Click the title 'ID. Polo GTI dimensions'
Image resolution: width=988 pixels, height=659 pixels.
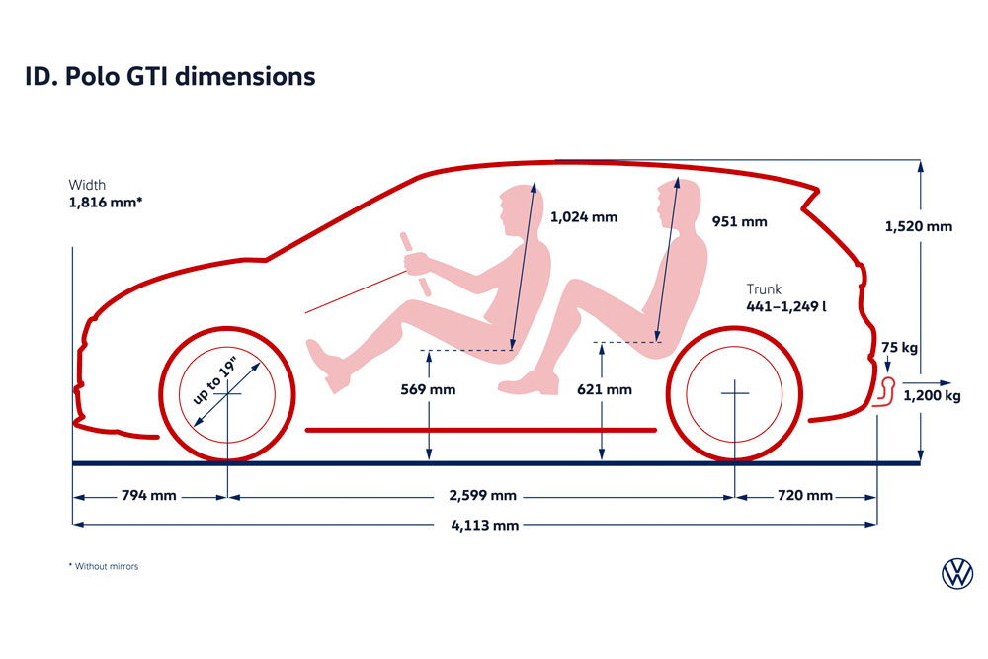(x=170, y=76)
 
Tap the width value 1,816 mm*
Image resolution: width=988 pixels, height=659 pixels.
(x=106, y=203)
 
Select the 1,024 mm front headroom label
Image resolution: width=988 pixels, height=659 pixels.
(x=584, y=217)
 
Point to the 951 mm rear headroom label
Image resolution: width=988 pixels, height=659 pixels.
(x=739, y=221)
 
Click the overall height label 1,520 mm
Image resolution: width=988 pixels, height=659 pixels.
(x=918, y=227)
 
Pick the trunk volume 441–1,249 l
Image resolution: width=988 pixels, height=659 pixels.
(x=785, y=307)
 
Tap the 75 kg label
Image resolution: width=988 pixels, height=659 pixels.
(x=899, y=347)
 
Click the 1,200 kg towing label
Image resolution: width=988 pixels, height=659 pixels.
(x=932, y=395)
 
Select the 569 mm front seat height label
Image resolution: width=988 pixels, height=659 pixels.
(x=428, y=390)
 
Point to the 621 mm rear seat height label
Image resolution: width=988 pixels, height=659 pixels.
(x=605, y=390)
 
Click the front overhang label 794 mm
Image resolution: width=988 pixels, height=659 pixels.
(x=149, y=496)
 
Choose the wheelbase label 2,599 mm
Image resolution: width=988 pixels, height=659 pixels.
(x=483, y=496)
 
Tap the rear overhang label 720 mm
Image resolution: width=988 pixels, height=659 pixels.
(x=804, y=496)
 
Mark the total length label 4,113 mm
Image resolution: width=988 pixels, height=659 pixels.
(x=484, y=525)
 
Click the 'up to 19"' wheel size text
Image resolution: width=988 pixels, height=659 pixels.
(x=214, y=381)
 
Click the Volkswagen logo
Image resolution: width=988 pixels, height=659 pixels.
(x=957, y=573)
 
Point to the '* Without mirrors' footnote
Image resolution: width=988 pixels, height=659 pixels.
(x=104, y=566)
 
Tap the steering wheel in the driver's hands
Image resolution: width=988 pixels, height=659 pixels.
(x=416, y=265)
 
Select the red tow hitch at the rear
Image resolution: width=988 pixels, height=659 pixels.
(x=884, y=393)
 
